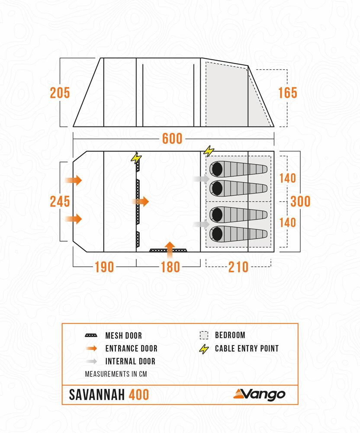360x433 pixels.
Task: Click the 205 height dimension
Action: (x=60, y=93)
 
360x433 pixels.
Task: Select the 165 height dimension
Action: (x=288, y=93)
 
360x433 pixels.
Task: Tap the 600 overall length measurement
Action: (x=172, y=139)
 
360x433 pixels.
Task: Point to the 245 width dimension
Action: (x=60, y=201)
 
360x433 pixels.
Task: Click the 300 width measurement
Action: (x=300, y=201)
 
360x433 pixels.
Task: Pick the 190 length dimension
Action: (x=104, y=267)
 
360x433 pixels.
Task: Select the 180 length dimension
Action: (x=170, y=267)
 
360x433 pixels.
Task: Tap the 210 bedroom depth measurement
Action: (x=238, y=267)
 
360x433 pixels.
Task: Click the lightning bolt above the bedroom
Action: (x=209, y=151)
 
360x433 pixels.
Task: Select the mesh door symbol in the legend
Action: (x=92, y=336)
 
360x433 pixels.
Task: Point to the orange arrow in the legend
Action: (x=92, y=349)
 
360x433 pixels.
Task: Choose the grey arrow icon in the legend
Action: (x=92, y=361)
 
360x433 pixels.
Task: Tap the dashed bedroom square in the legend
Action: (x=204, y=335)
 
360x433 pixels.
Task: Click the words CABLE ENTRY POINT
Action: (x=247, y=349)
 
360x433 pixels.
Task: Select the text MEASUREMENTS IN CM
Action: (x=116, y=374)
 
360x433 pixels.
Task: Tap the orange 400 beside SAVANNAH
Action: (x=138, y=394)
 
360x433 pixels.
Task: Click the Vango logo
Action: (x=259, y=394)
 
